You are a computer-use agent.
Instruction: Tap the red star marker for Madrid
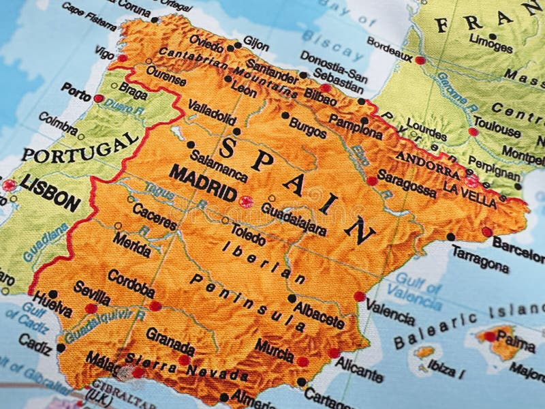(x=246, y=201)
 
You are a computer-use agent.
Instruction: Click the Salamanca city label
(x=219, y=166)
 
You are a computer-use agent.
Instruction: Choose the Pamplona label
(x=355, y=127)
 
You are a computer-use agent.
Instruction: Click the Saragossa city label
(x=407, y=183)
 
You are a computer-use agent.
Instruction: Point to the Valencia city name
(x=390, y=312)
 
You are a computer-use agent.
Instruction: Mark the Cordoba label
(x=131, y=284)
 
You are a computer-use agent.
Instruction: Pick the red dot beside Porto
(x=99, y=98)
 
